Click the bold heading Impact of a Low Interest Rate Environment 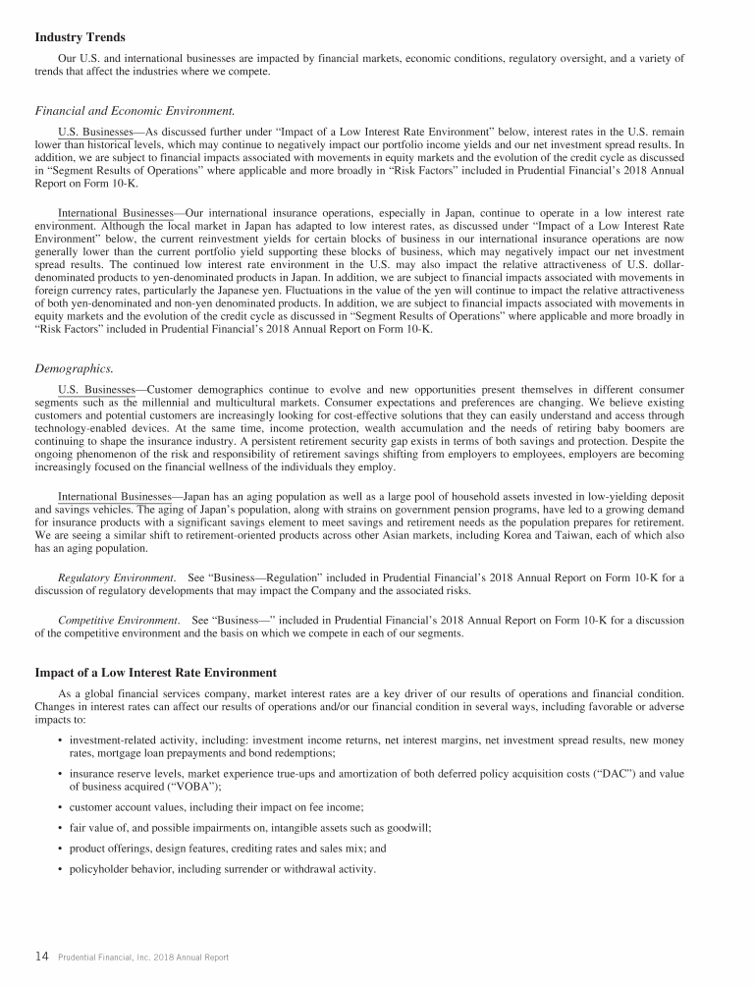point(155,672)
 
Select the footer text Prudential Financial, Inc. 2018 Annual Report point(143,957)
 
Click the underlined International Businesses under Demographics point(115,495)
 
